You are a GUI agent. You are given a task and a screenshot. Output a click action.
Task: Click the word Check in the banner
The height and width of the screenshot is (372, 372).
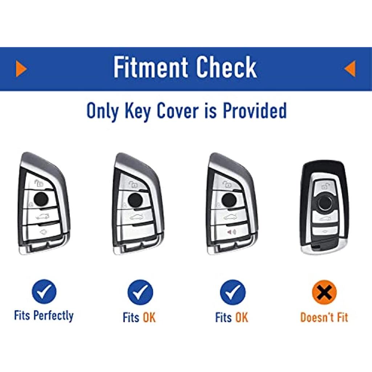[x=227, y=67]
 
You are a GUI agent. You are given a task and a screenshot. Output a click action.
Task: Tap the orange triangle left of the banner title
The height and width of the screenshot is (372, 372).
[x=21, y=69]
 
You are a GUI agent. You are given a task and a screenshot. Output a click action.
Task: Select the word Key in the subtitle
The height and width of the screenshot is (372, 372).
[x=137, y=112]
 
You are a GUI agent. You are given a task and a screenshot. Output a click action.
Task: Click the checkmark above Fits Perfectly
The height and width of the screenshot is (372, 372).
[x=44, y=292]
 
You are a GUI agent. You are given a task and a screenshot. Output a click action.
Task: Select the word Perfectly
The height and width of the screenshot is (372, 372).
[x=53, y=316]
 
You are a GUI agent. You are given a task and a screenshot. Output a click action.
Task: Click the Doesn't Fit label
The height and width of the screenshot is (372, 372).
[x=324, y=317]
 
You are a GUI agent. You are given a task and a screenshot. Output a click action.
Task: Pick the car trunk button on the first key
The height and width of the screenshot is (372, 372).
[x=42, y=216]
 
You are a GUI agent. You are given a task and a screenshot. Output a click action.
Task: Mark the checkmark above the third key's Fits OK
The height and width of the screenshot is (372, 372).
[x=233, y=292]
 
